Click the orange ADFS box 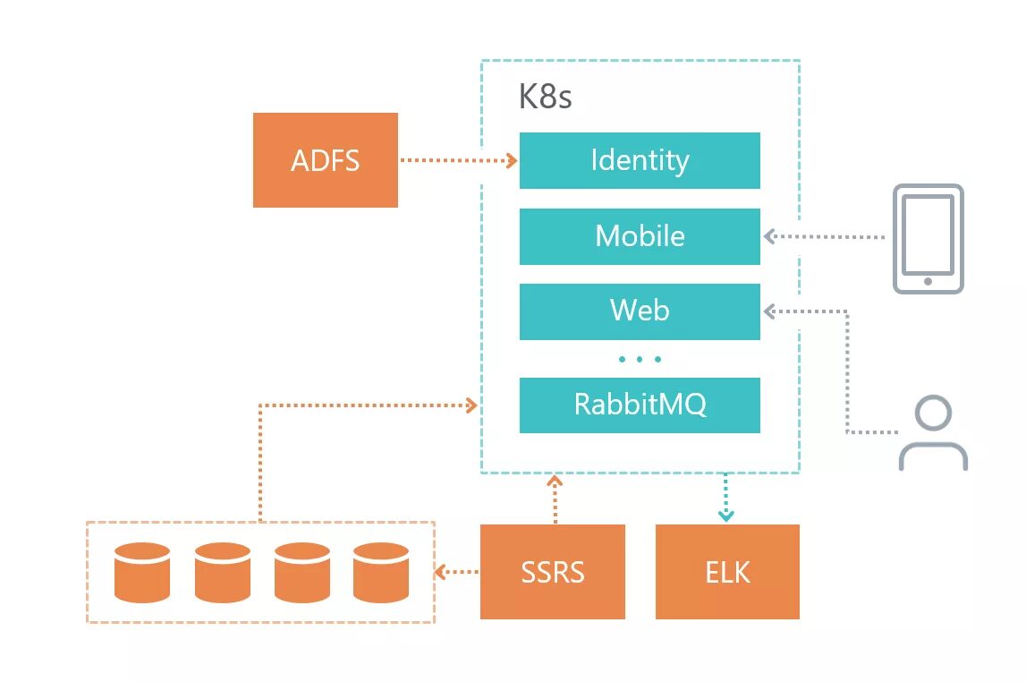[326, 160]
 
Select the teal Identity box [640, 160]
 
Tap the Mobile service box [640, 236]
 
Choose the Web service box [640, 311]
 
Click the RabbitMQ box [640, 405]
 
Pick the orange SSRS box [553, 571]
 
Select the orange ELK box [727, 571]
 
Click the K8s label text [545, 97]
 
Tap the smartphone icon [928, 239]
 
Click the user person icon [933, 432]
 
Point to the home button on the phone [928, 281]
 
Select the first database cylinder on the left [142, 572]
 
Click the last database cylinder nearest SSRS [381, 572]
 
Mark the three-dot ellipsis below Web [640, 359]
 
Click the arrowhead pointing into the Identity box [512, 160]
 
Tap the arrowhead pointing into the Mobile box [769, 236]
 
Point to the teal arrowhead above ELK [725, 516]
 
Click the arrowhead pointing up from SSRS [555, 481]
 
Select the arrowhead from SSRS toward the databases [440, 572]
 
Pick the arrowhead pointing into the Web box [769, 311]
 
